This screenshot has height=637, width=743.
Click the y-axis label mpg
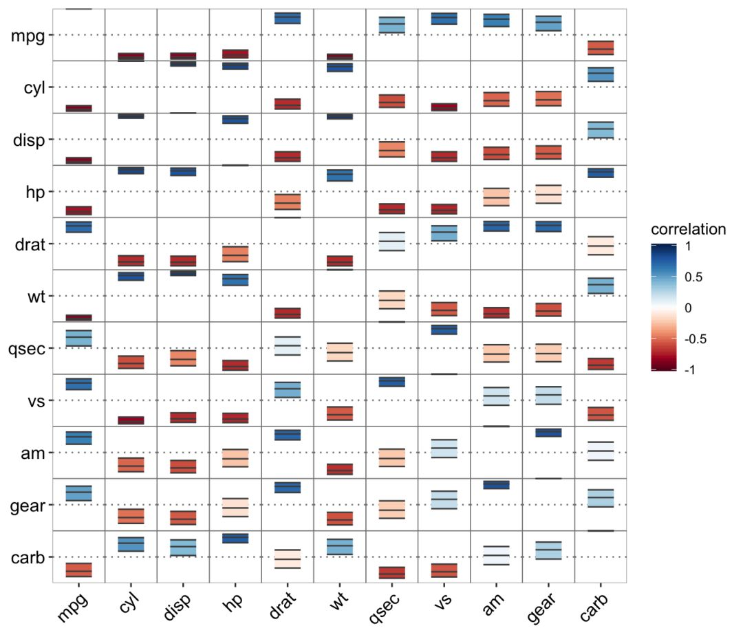pos(28,35)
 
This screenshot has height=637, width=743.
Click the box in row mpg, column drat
pos(288,19)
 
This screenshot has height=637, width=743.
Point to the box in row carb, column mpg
pos(78,570)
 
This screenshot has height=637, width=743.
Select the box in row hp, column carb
pos(600,173)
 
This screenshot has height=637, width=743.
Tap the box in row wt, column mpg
pos(78,317)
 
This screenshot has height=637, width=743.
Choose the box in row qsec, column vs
pos(444,330)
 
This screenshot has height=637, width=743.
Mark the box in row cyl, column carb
pos(600,74)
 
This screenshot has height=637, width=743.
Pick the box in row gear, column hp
pos(235,508)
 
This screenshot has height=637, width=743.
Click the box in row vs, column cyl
pos(131,420)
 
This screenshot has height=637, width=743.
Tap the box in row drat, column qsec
pos(391,241)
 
